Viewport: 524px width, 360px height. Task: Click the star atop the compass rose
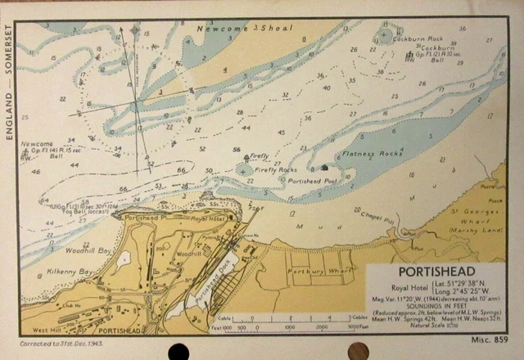click(134, 31)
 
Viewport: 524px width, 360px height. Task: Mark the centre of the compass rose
click(136, 104)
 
